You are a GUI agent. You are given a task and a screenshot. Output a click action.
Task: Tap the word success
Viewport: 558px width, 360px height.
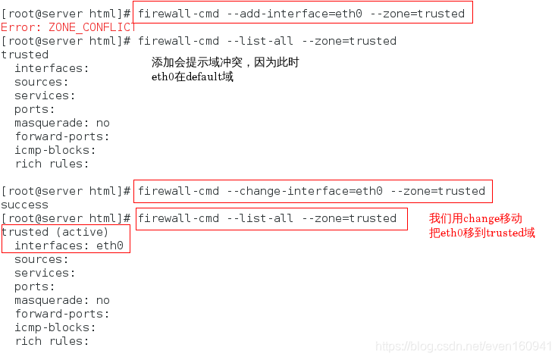click(x=24, y=205)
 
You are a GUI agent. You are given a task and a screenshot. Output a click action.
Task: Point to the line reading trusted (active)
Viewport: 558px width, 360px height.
click(x=55, y=232)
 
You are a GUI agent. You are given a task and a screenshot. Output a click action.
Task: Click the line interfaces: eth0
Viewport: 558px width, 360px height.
click(x=69, y=246)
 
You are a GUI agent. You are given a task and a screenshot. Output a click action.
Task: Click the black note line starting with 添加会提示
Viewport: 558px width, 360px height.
click(x=225, y=62)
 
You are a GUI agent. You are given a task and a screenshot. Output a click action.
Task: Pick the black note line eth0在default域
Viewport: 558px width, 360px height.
click(x=193, y=77)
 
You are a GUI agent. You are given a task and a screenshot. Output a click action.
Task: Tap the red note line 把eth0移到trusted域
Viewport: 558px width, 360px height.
click(x=482, y=233)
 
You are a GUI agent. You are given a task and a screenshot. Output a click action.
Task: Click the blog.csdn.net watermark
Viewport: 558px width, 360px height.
click(x=464, y=346)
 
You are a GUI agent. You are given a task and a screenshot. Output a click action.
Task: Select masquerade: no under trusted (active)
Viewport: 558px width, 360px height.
click(x=62, y=300)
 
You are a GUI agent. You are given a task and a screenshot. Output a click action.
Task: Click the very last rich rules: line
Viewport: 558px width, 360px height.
click(x=52, y=341)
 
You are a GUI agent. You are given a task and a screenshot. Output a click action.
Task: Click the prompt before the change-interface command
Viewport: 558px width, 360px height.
click(x=66, y=191)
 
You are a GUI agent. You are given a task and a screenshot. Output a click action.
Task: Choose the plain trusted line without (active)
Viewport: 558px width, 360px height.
click(x=24, y=55)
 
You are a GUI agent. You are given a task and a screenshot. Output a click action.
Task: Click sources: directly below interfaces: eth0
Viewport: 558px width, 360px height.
click(x=41, y=259)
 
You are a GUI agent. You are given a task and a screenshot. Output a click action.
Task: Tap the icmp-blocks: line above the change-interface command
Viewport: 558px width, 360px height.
click(x=55, y=150)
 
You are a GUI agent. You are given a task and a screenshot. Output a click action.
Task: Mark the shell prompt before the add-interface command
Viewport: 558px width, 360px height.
click(x=66, y=14)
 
